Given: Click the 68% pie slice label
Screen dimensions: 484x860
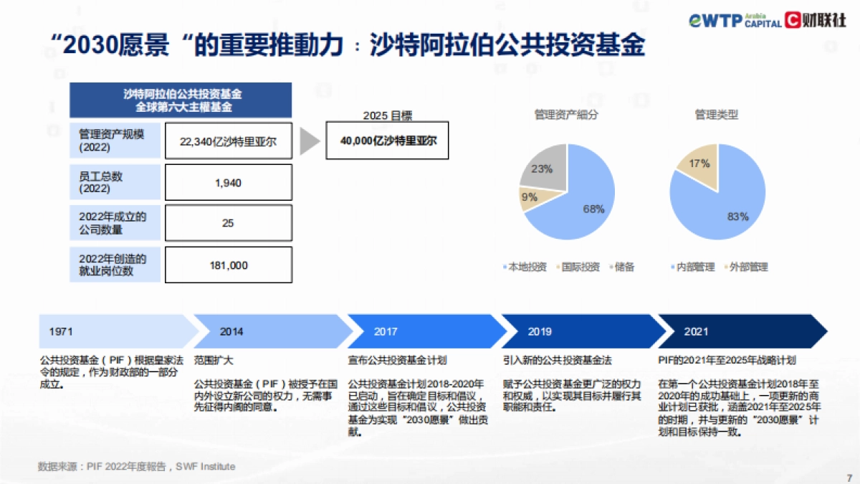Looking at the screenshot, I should pos(593,209).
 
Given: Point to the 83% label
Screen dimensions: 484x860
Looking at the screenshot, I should pos(737,216).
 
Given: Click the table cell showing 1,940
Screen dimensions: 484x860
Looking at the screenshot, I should pos(228,183).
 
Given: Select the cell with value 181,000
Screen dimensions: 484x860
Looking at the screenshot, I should pos(228,265).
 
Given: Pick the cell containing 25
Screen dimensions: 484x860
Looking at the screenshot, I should pos(228,224).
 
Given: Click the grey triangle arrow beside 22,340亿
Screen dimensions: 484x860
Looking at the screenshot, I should pos(309,141).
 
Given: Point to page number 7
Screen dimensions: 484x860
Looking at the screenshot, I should pos(849,475).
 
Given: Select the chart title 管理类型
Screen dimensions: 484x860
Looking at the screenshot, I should pos(716,114).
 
